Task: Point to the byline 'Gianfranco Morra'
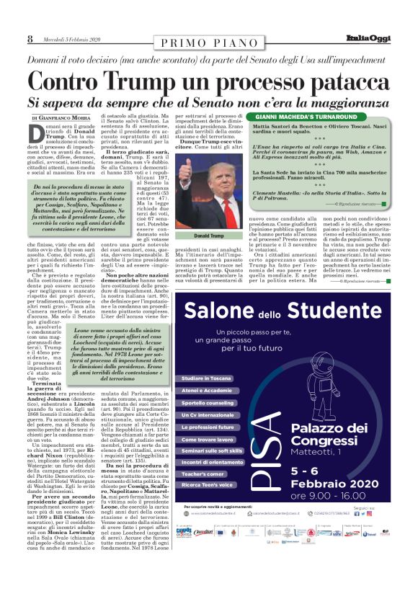(70, 117)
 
